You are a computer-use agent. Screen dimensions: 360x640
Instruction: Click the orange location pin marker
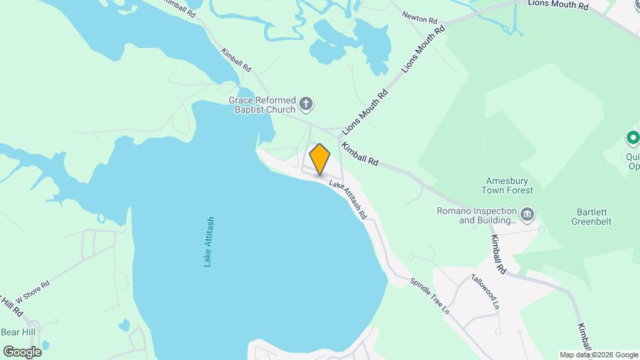(x=320, y=159)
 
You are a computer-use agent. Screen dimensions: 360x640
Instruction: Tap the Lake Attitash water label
(x=209, y=242)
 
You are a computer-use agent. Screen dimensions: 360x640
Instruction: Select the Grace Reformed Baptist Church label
(x=262, y=105)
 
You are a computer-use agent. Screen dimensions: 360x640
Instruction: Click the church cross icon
(x=306, y=103)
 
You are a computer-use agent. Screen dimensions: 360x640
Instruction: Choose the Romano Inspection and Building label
(x=477, y=215)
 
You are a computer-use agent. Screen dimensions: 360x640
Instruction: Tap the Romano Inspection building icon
(x=527, y=214)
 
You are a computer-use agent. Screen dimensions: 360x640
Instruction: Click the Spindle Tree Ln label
(x=430, y=296)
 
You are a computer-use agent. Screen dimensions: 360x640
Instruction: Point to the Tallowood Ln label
(x=485, y=291)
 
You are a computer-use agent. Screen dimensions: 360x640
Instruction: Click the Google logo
(x=22, y=351)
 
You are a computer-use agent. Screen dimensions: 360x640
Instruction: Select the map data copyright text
(x=599, y=355)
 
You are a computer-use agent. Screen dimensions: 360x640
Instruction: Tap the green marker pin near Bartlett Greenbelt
(x=633, y=139)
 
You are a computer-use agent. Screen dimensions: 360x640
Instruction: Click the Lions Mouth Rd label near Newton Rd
(x=422, y=51)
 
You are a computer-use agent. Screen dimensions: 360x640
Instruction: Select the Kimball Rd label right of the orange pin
(x=360, y=153)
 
